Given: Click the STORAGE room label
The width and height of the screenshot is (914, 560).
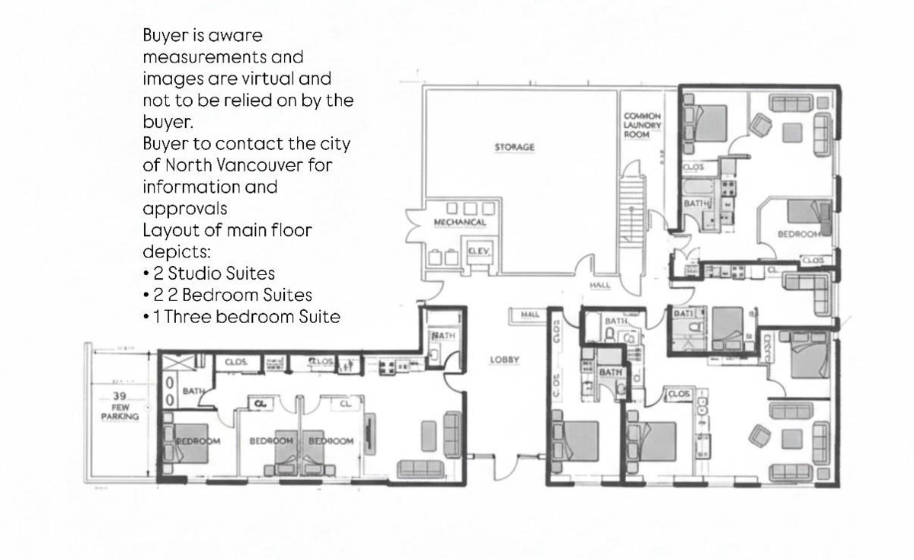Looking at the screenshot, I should pos(515,147).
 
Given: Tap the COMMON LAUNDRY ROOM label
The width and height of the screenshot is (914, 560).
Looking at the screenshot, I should pos(642,125).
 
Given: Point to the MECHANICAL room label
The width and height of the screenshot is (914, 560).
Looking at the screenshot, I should pos(459,222).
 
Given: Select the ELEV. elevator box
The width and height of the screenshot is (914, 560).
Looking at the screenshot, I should pos(478,251).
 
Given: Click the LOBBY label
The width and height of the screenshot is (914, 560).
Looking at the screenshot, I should pos(504,360).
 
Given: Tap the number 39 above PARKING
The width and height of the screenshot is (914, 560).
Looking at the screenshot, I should pos(120,396).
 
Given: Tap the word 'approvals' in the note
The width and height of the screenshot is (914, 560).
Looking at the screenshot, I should pos(184,208).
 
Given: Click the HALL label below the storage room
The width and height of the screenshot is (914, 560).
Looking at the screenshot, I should pos(600,285).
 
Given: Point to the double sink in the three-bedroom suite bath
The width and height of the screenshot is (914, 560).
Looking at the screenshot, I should pos(170,388).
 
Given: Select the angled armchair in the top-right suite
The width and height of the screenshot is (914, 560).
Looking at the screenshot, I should pos(762,124).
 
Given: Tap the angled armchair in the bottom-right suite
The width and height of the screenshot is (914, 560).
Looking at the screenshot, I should pos(760,435).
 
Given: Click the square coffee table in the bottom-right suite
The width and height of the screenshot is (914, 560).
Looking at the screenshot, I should pos(792,438).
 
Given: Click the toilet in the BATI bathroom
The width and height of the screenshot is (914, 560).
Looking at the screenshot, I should pos(693,328).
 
